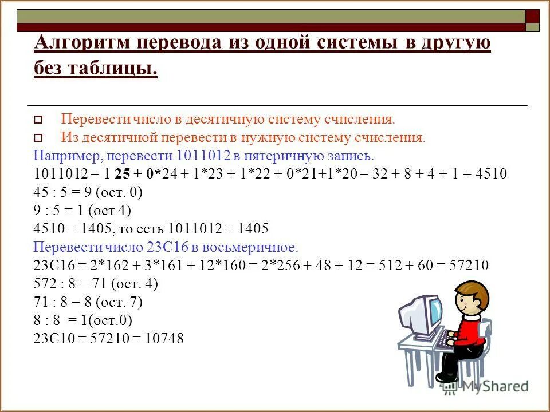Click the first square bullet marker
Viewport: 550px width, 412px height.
pyautogui.click(x=38, y=121)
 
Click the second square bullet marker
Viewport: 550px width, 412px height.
pyautogui.click(x=38, y=138)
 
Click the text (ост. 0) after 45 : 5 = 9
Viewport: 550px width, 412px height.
pyautogui.click(x=120, y=192)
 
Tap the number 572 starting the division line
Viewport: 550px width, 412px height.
pyautogui.click(x=45, y=284)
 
